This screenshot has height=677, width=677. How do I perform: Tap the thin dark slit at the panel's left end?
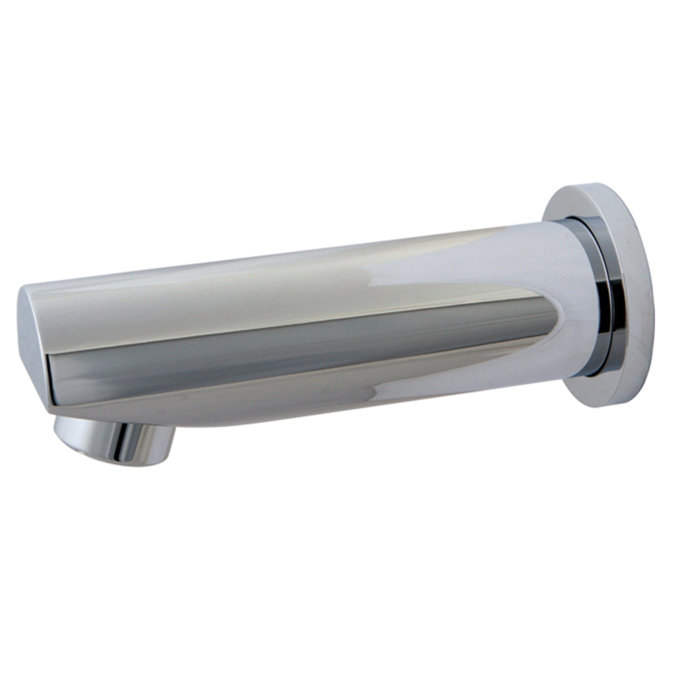[49, 378]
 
